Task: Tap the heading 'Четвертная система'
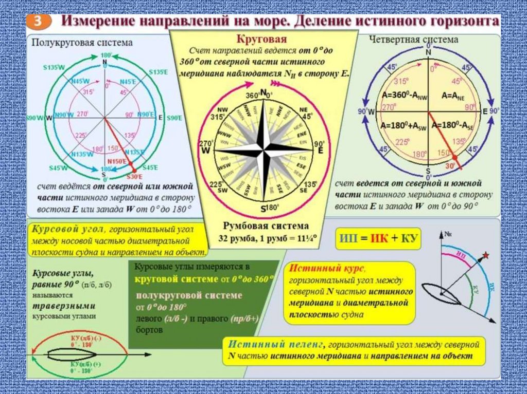coord(413,40)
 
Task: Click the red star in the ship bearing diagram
coord(486,255)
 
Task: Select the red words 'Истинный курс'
coord(327,269)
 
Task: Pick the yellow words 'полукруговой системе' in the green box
coord(189,296)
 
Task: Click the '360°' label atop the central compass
coord(252,96)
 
